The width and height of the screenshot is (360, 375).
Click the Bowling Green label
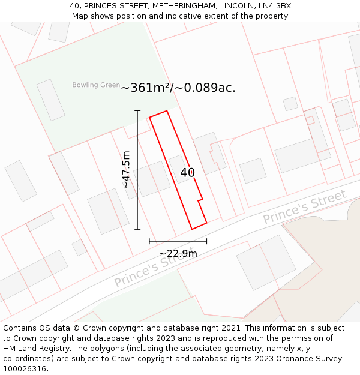point(96,85)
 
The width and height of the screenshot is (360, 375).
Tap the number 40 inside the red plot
point(187,173)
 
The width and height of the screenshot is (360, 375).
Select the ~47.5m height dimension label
point(126,170)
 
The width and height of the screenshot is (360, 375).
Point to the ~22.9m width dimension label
point(178,254)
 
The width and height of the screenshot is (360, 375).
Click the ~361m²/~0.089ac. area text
point(178,88)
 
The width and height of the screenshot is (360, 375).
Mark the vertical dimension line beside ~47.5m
point(137,170)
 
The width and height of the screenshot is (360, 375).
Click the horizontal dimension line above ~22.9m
point(178,241)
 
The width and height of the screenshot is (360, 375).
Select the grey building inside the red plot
point(179,169)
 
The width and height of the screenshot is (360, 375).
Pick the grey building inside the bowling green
point(51,100)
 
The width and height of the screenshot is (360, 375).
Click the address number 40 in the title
point(74,6)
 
